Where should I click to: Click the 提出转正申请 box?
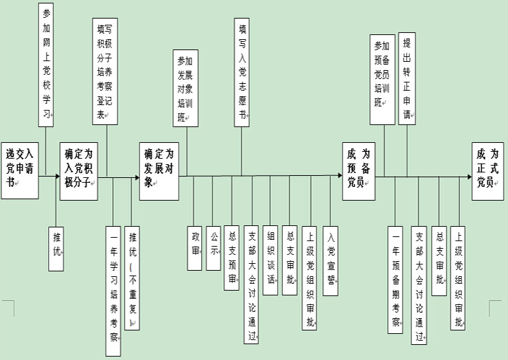coord(408,77)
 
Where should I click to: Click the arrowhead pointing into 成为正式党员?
coord(467,177)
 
